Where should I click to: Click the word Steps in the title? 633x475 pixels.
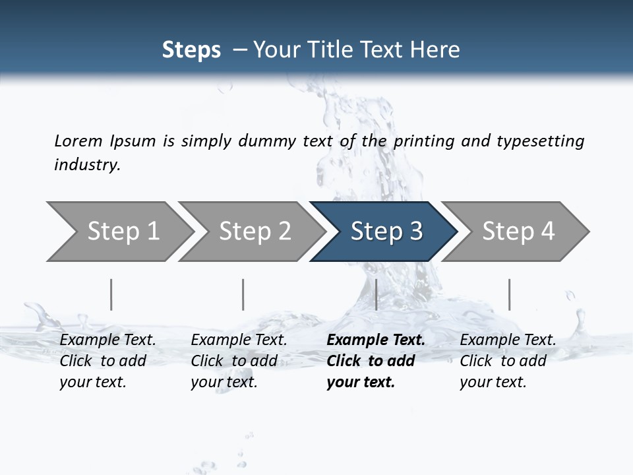coord(191,50)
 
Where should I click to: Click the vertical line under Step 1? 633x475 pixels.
coord(111,294)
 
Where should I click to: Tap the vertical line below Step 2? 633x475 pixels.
coord(243,294)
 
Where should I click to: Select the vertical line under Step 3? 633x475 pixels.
coord(376,294)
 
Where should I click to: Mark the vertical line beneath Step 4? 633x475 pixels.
coord(509,294)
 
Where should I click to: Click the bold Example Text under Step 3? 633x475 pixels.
coord(376,340)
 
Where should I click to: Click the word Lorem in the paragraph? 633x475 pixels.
coord(78,141)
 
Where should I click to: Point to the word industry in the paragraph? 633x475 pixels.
coord(87,165)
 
